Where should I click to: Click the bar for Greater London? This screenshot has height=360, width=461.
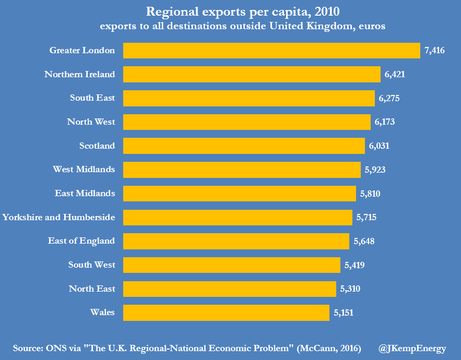point(271,51)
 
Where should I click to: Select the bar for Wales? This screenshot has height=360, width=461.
point(226,313)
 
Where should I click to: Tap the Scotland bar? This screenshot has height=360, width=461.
point(244,146)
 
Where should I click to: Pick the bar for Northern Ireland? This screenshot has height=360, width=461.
point(252,75)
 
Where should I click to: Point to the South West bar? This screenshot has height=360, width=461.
point(231,265)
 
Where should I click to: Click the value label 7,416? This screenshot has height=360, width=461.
point(435,51)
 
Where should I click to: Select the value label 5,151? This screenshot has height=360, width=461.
point(344,313)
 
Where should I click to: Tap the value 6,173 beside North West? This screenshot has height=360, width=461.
point(385,122)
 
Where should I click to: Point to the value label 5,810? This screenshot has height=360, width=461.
point(370,194)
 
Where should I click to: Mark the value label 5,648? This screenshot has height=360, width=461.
point(364,241)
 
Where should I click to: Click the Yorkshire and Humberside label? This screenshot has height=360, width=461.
point(58,217)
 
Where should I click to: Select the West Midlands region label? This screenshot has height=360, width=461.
point(84,170)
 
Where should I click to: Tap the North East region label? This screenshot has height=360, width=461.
point(92,289)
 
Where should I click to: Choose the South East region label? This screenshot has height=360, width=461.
point(92,98)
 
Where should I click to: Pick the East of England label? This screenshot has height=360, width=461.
point(81,241)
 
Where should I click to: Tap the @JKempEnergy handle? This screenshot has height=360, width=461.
point(412,349)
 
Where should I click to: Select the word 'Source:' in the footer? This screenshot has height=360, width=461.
point(30,349)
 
